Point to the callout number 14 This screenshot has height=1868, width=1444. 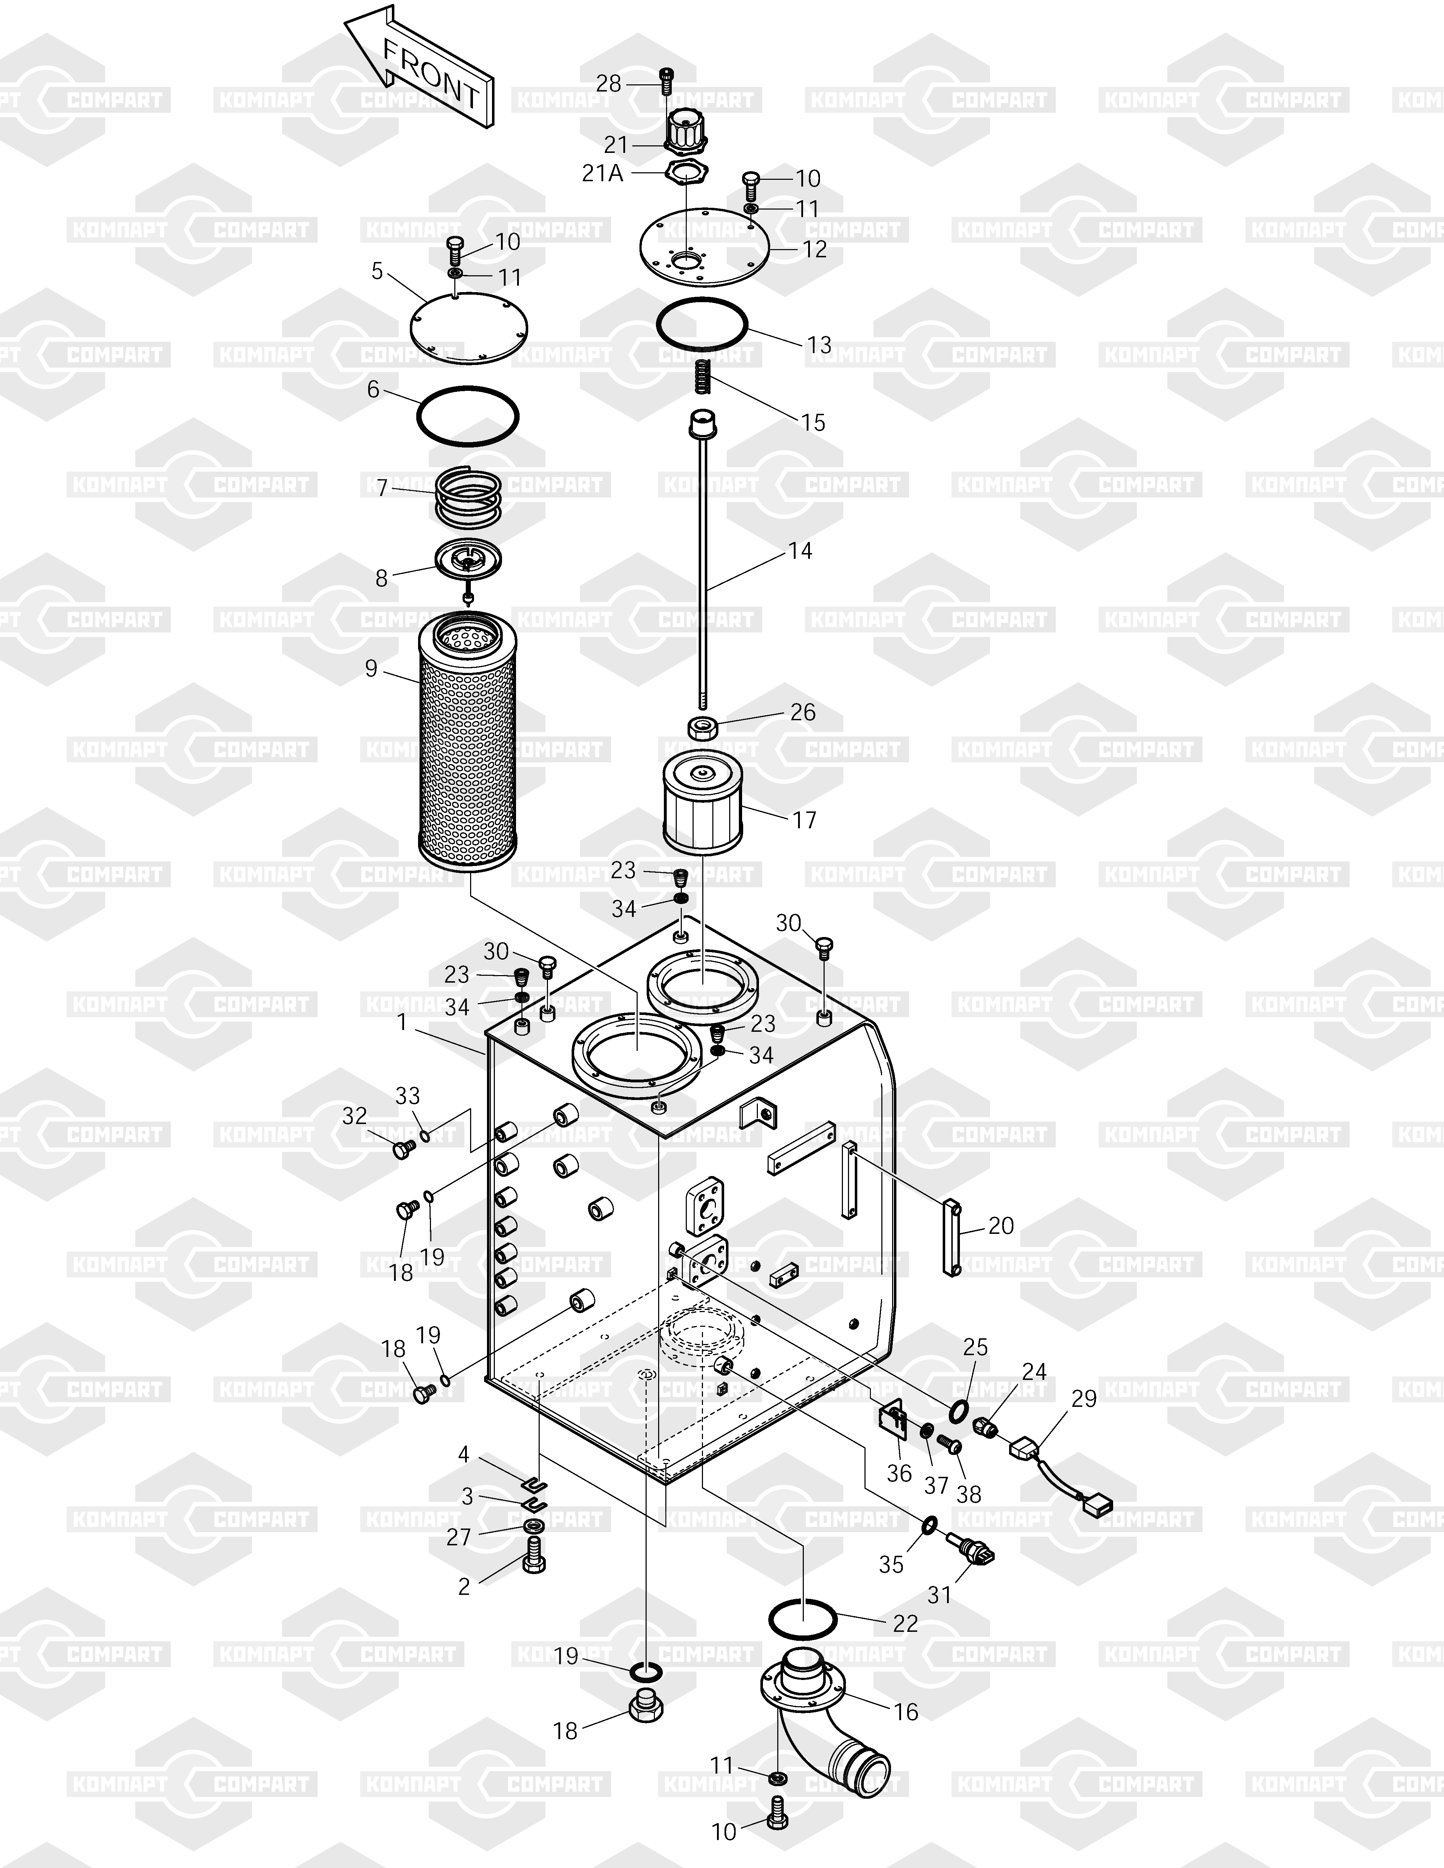pos(800,551)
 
